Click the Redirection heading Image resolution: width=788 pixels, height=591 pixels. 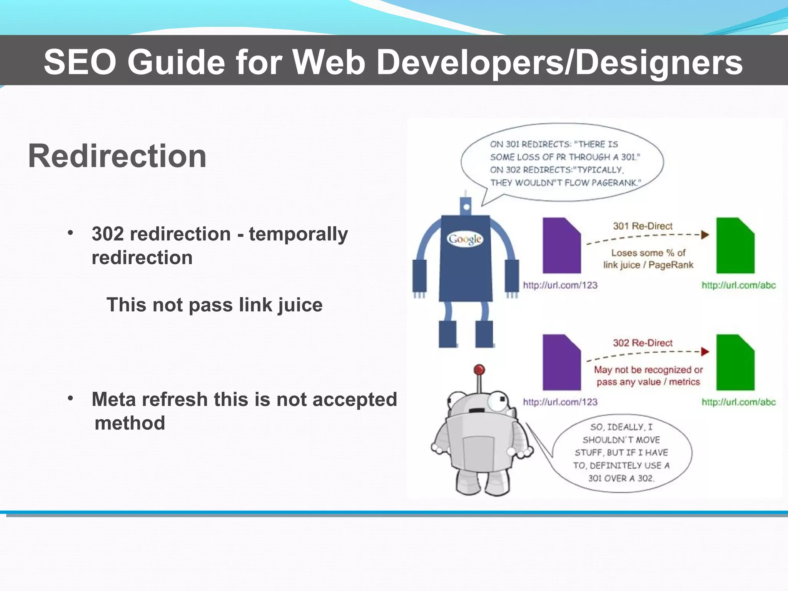pyautogui.click(x=117, y=156)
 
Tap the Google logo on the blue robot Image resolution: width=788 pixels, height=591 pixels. pyautogui.click(x=465, y=239)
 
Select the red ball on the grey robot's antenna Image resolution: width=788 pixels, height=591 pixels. pyautogui.click(x=479, y=370)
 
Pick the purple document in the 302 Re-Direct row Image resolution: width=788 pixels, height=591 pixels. pyautogui.click(x=561, y=362)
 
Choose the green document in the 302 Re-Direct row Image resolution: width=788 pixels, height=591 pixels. pyautogui.click(x=735, y=362)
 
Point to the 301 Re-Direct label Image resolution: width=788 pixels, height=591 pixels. pyautogui.click(x=643, y=226)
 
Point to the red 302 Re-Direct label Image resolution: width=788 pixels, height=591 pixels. pyautogui.click(x=643, y=343)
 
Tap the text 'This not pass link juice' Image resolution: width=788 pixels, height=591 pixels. pyautogui.click(x=214, y=305)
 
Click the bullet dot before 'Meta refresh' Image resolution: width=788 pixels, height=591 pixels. pyautogui.click(x=70, y=398)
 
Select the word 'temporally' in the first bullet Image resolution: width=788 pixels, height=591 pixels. pyautogui.click(x=298, y=234)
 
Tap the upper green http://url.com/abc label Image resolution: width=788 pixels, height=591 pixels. pyautogui.click(x=738, y=285)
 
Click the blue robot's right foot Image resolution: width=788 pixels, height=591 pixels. pyautogui.click(x=484, y=334)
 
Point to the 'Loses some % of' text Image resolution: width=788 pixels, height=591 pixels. pyautogui.click(x=648, y=253)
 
